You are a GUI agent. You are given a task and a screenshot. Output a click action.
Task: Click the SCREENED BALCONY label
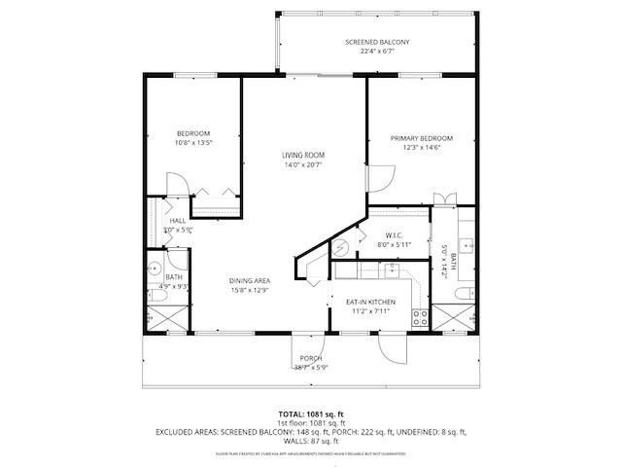pyautogui.click(x=377, y=43)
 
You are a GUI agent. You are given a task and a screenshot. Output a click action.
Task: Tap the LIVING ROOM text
pyautogui.click(x=303, y=156)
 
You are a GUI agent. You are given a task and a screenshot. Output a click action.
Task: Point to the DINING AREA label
pyautogui.click(x=249, y=280)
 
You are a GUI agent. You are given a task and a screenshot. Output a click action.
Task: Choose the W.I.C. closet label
pyautogui.click(x=394, y=234)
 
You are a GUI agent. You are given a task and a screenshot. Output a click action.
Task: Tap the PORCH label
pyautogui.click(x=310, y=358)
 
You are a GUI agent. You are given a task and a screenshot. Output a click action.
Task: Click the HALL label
pyautogui.click(x=178, y=221)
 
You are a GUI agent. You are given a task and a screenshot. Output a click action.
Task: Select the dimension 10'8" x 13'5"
pyautogui.click(x=193, y=143)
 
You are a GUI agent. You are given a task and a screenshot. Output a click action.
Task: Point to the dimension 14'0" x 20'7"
pyautogui.click(x=303, y=165)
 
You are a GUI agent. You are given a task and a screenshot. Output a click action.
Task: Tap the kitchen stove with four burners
pyautogui.click(x=421, y=315)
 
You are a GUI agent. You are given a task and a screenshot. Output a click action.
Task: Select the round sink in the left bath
pyautogui.click(x=154, y=269)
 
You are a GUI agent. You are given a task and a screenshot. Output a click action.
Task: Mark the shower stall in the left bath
pyautogui.click(x=157, y=318)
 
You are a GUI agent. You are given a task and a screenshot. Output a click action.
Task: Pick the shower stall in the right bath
pyautogui.click(x=453, y=318)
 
